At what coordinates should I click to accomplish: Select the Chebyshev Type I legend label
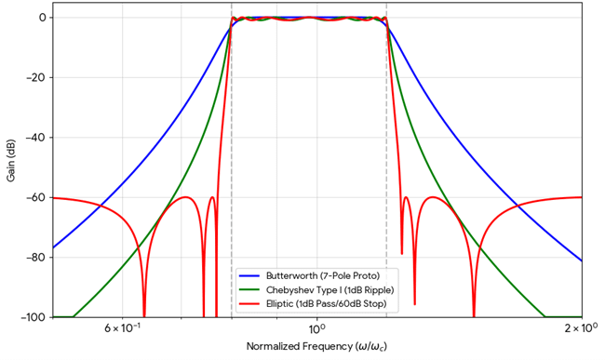tap(322, 289)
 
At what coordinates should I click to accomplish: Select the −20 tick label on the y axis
tap(35, 77)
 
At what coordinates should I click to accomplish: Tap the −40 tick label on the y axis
tap(35, 138)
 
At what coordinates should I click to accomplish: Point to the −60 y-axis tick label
tap(35, 197)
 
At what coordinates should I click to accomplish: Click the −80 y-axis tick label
tap(35, 258)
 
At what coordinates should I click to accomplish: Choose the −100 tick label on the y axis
tap(33, 317)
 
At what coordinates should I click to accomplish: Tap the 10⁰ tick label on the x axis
tap(316, 329)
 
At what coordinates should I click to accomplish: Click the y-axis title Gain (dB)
tap(11, 167)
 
